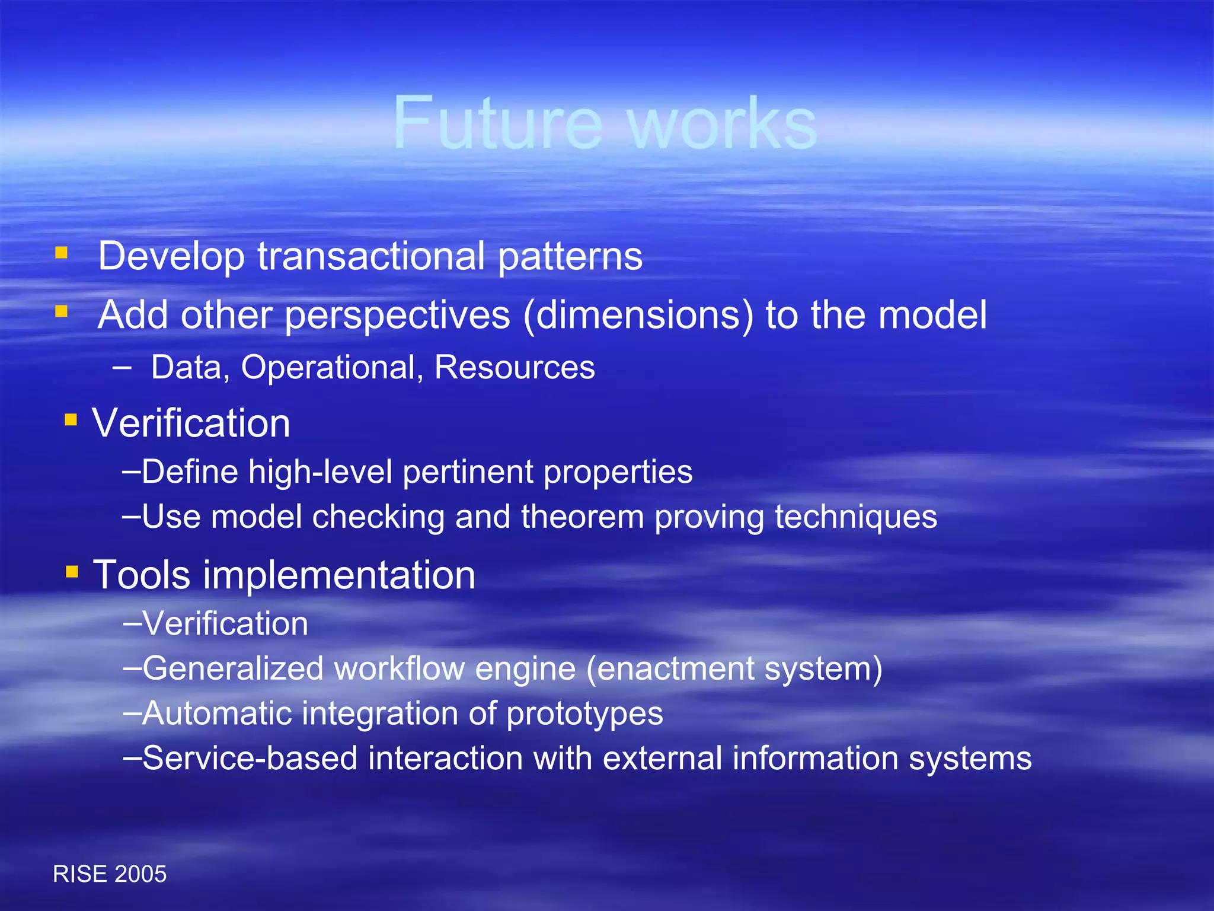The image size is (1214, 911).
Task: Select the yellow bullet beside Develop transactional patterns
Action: (x=61, y=254)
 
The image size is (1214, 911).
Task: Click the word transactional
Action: (x=370, y=256)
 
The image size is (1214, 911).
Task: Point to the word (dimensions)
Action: (x=638, y=316)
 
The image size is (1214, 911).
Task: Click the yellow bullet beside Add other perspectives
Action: (x=61, y=311)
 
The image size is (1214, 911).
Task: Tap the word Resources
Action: (x=515, y=367)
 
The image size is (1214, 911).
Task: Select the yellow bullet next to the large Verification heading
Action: (x=71, y=420)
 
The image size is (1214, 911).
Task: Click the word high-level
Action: (x=320, y=472)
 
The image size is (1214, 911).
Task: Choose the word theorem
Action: (x=582, y=517)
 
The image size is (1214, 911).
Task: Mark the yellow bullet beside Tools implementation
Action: (x=72, y=572)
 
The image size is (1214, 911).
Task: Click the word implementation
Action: (x=339, y=575)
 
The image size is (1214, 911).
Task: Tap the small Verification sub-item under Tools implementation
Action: (x=225, y=624)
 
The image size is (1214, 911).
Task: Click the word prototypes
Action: (x=584, y=713)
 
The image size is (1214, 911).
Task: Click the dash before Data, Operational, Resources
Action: (x=122, y=368)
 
